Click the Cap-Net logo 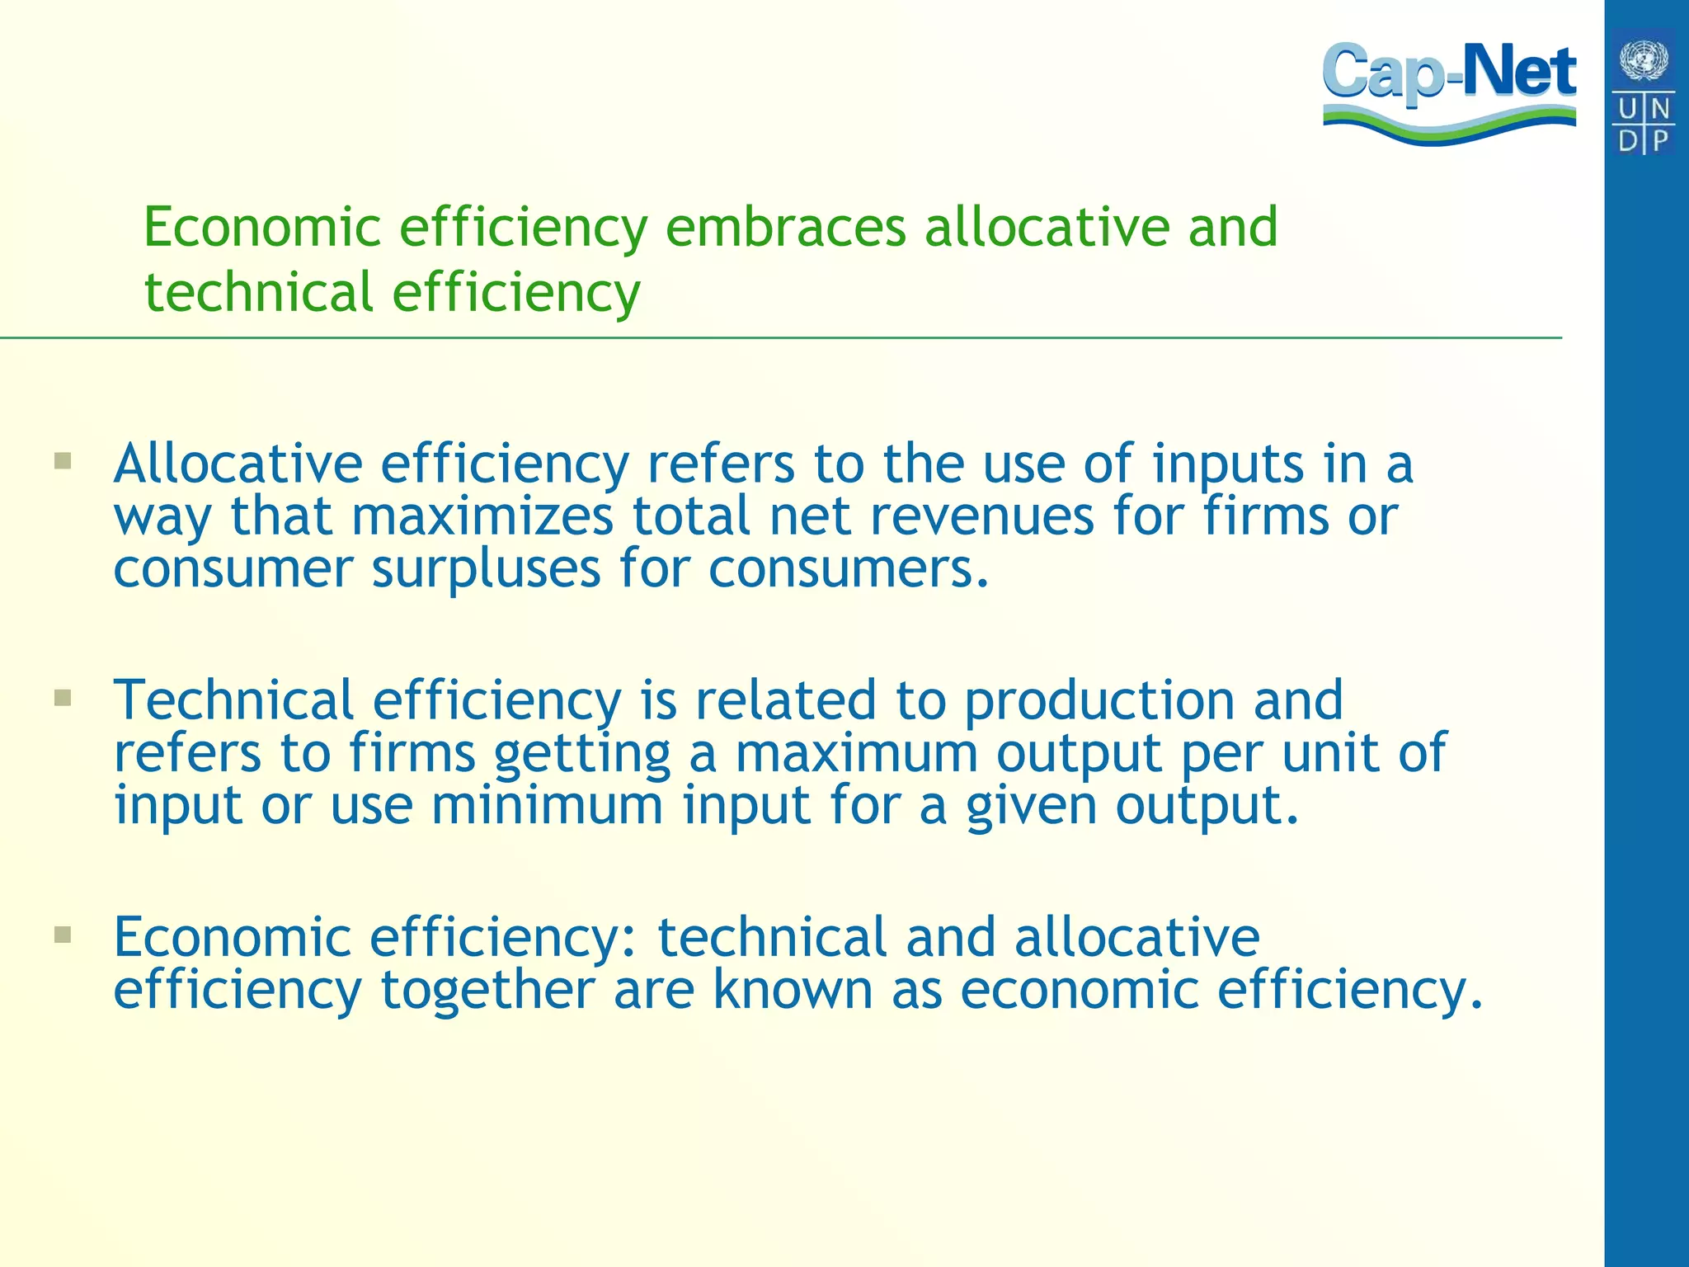click(1449, 91)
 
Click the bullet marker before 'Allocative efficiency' click(63, 460)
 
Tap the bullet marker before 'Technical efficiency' click(63, 698)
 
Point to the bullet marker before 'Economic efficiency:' click(63, 935)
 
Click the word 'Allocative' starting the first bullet click(238, 464)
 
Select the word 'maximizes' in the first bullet click(482, 516)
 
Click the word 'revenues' click(981, 516)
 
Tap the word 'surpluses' click(486, 570)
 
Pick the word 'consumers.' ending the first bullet click(849, 568)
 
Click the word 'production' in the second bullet click(1099, 701)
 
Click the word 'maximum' click(855, 753)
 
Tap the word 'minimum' click(547, 805)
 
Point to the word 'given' click(1031, 807)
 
